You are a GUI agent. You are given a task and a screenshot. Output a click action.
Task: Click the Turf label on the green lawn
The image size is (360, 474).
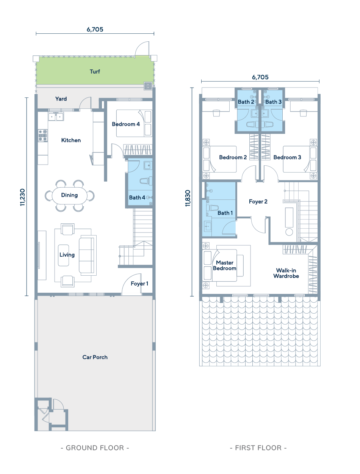pyautogui.click(x=95, y=71)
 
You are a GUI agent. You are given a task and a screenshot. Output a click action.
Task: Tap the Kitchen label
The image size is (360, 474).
pyautogui.click(x=71, y=140)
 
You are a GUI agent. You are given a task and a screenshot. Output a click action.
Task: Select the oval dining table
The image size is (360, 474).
pyautogui.click(x=69, y=195)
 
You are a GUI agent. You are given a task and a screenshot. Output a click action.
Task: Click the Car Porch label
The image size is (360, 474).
pyautogui.click(x=95, y=357)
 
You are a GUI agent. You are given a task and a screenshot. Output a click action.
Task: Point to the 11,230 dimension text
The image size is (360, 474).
pyautogui.click(x=23, y=197)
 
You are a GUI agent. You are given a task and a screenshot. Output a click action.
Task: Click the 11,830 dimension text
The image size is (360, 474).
pyautogui.click(x=188, y=198)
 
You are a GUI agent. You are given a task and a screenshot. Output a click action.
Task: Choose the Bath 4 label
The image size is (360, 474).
pyautogui.click(x=137, y=198)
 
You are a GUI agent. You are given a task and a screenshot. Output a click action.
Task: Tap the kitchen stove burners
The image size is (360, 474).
pyautogui.click(x=43, y=135)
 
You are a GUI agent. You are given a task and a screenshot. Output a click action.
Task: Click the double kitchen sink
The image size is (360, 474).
pyautogui.click(x=56, y=116)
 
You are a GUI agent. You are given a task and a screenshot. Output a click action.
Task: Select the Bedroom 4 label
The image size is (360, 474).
pyautogui.click(x=126, y=124)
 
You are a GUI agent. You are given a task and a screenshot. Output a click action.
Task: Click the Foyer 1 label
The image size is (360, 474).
pyautogui.click(x=139, y=284)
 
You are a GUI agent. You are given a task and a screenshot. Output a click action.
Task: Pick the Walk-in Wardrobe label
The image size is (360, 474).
pyautogui.click(x=286, y=273)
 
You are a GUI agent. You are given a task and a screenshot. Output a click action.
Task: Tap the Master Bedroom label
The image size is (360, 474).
pyautogui.click(x=225, y=265)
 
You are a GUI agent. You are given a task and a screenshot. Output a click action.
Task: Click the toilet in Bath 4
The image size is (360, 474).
pyautogui.click(x=146, y=181)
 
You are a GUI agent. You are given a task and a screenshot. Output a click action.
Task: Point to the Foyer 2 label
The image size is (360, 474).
pyautogui.click(x=258, y=201)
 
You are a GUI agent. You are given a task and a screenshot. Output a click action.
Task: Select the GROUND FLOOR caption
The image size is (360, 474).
pyautogui.click(x=95, y=448)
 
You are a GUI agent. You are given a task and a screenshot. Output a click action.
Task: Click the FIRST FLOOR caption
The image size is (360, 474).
pyautogui.click(x=258, y=448)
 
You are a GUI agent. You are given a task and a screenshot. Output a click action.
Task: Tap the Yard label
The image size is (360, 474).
pyautogui.click(x=61, y=99)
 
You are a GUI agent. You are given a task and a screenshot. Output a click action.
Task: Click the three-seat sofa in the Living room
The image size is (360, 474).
pyautogui.click(x=88, y=255)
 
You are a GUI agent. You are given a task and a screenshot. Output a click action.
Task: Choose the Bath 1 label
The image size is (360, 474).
pyautogui.click(x=225, y=213)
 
